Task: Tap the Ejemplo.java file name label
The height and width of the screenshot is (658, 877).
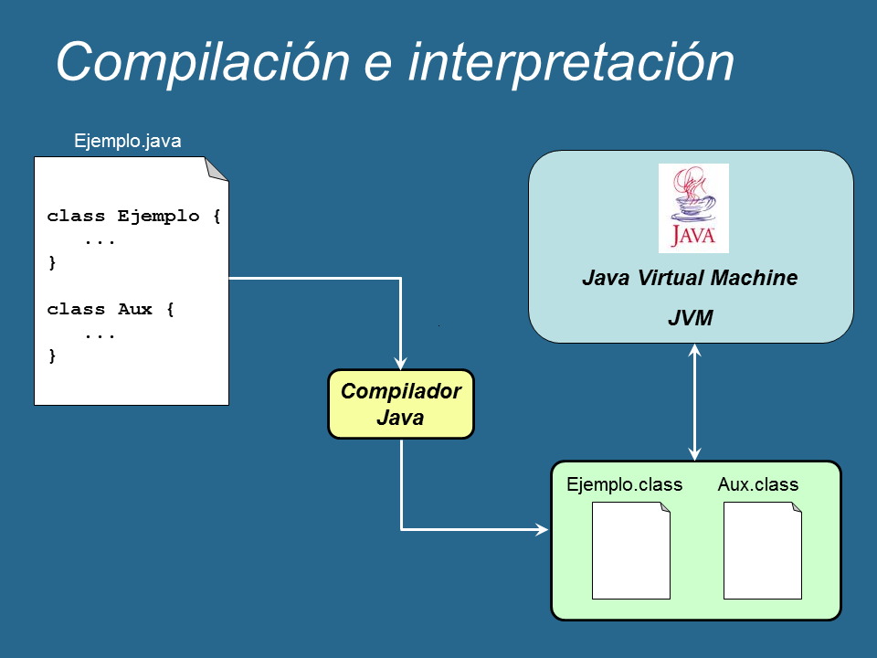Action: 128,141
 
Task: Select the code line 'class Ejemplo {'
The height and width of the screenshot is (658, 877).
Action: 134,217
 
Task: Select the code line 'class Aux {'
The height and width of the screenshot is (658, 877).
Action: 111,309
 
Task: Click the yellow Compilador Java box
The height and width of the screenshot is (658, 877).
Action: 401,404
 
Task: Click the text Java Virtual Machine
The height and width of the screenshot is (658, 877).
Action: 690,278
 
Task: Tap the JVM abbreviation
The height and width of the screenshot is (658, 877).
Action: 690,319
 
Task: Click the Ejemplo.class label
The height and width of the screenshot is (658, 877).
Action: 624,484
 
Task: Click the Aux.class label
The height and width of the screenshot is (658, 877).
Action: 758,484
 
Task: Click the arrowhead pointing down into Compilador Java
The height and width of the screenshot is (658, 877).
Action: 401,361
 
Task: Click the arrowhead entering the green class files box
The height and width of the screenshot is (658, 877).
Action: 541,528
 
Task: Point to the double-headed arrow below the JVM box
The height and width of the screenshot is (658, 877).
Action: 695,402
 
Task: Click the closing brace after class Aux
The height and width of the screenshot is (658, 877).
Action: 52,356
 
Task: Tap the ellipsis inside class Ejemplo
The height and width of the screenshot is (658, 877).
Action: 100,240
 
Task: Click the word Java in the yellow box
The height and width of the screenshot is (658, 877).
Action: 400,419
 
